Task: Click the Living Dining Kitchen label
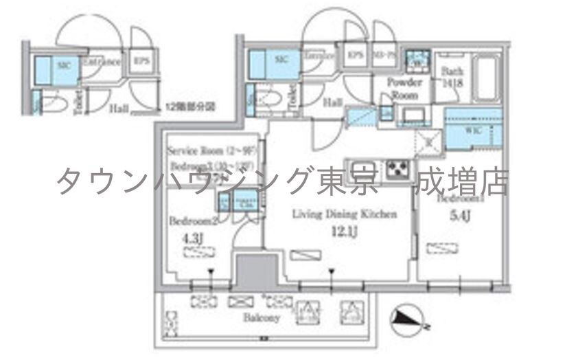pyautogui.click(x=345, y=214)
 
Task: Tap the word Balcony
pyautogui.click(x=260, y=319)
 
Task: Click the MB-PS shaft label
pyautogui.click(x=382, y=55)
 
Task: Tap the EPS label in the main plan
pyautogui.click(x=355, y=55)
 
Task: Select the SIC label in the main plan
pyautogui.click(x=281, y=60)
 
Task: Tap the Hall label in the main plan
pyautogui.click(x=334, y=102)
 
